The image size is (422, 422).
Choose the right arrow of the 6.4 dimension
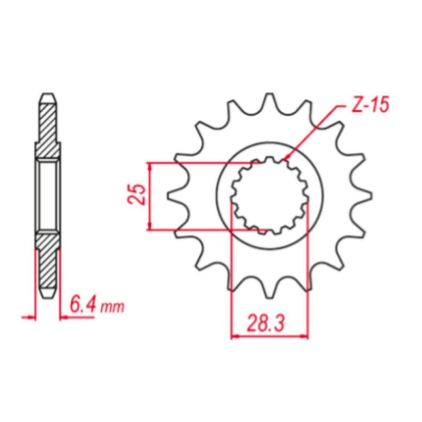pyautogui.click(x=64, y=318)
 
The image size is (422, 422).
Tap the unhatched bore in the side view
pyautogui.click(x=47, y=196)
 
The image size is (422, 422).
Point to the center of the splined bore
pyautogui.click(x=270, y=196)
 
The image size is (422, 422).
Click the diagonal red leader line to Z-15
pyautogui.click(x=311, y=132)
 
